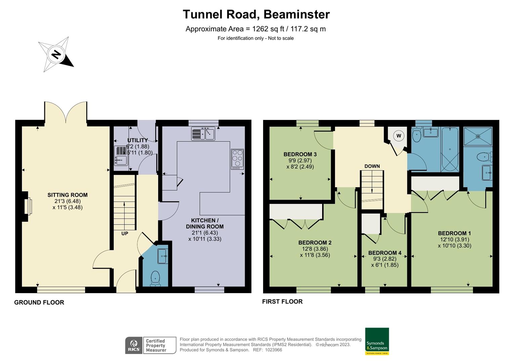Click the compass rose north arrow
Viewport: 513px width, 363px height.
56,54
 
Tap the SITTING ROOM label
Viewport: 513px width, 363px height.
68,195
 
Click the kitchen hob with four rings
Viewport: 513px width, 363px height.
237,159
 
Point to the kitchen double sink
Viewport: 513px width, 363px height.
203,133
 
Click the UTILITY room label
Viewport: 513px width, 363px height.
138,140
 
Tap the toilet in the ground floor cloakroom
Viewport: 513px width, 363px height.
155,279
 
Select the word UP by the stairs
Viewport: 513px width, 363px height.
125,233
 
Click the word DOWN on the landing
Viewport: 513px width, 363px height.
372,166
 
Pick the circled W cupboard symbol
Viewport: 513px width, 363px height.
399,136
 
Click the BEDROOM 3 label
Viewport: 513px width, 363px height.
300,154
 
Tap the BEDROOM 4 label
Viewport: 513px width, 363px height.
385,253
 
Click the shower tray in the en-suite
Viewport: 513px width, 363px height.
478,136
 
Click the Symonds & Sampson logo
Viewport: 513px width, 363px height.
377,341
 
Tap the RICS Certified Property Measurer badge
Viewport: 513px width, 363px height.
151,345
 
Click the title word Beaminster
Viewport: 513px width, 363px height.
297,14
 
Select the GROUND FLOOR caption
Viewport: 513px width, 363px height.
39,302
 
